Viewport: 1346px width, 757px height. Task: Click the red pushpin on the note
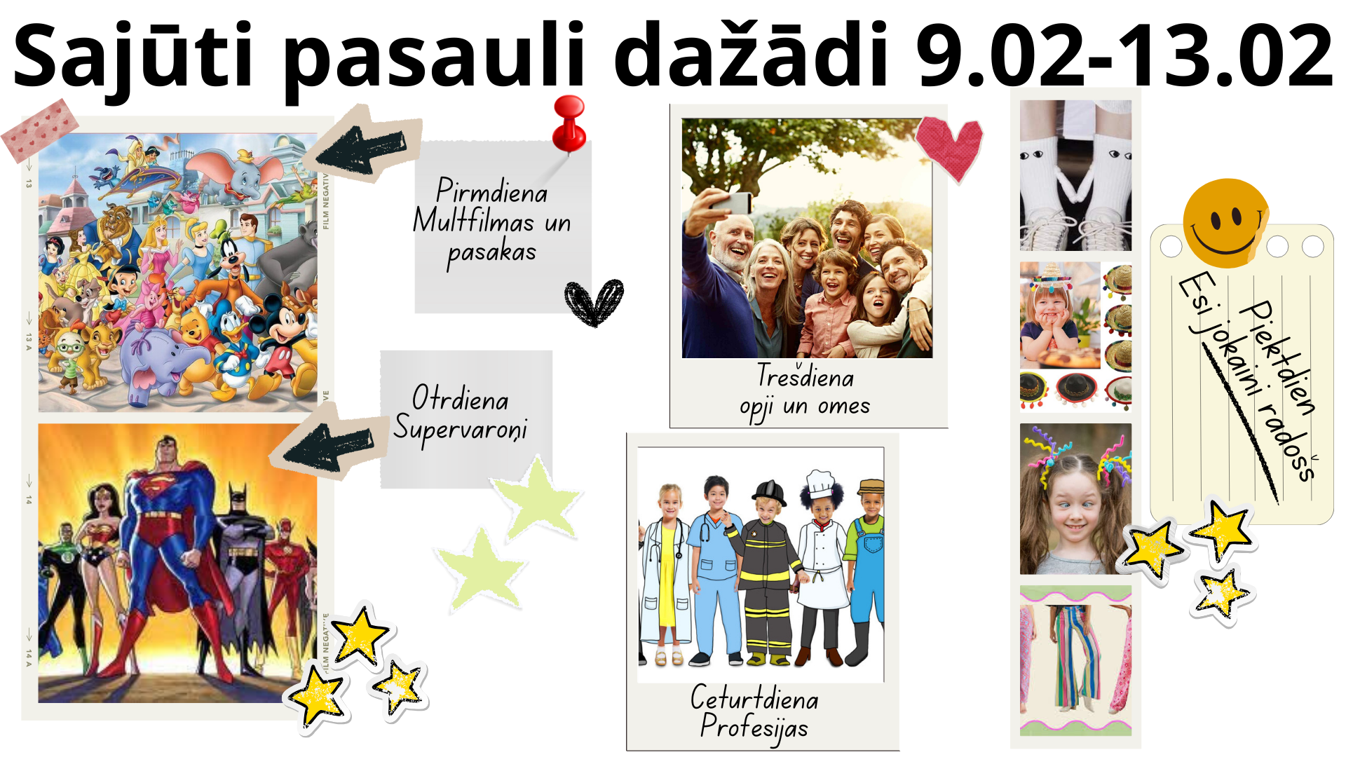coord(569,123)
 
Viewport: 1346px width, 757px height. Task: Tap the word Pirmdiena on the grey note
coord(491,191)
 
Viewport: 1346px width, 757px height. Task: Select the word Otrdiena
coord(460,398)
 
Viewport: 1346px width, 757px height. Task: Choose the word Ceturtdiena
coord(754,697)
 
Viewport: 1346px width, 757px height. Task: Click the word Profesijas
coord(754,727)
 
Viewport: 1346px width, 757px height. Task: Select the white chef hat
coord(820,484)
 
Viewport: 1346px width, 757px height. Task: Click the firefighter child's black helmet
coord(769,493)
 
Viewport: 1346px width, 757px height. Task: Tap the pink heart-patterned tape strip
coord(39,130)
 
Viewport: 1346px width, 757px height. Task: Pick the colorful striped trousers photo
coord(1075,660)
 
